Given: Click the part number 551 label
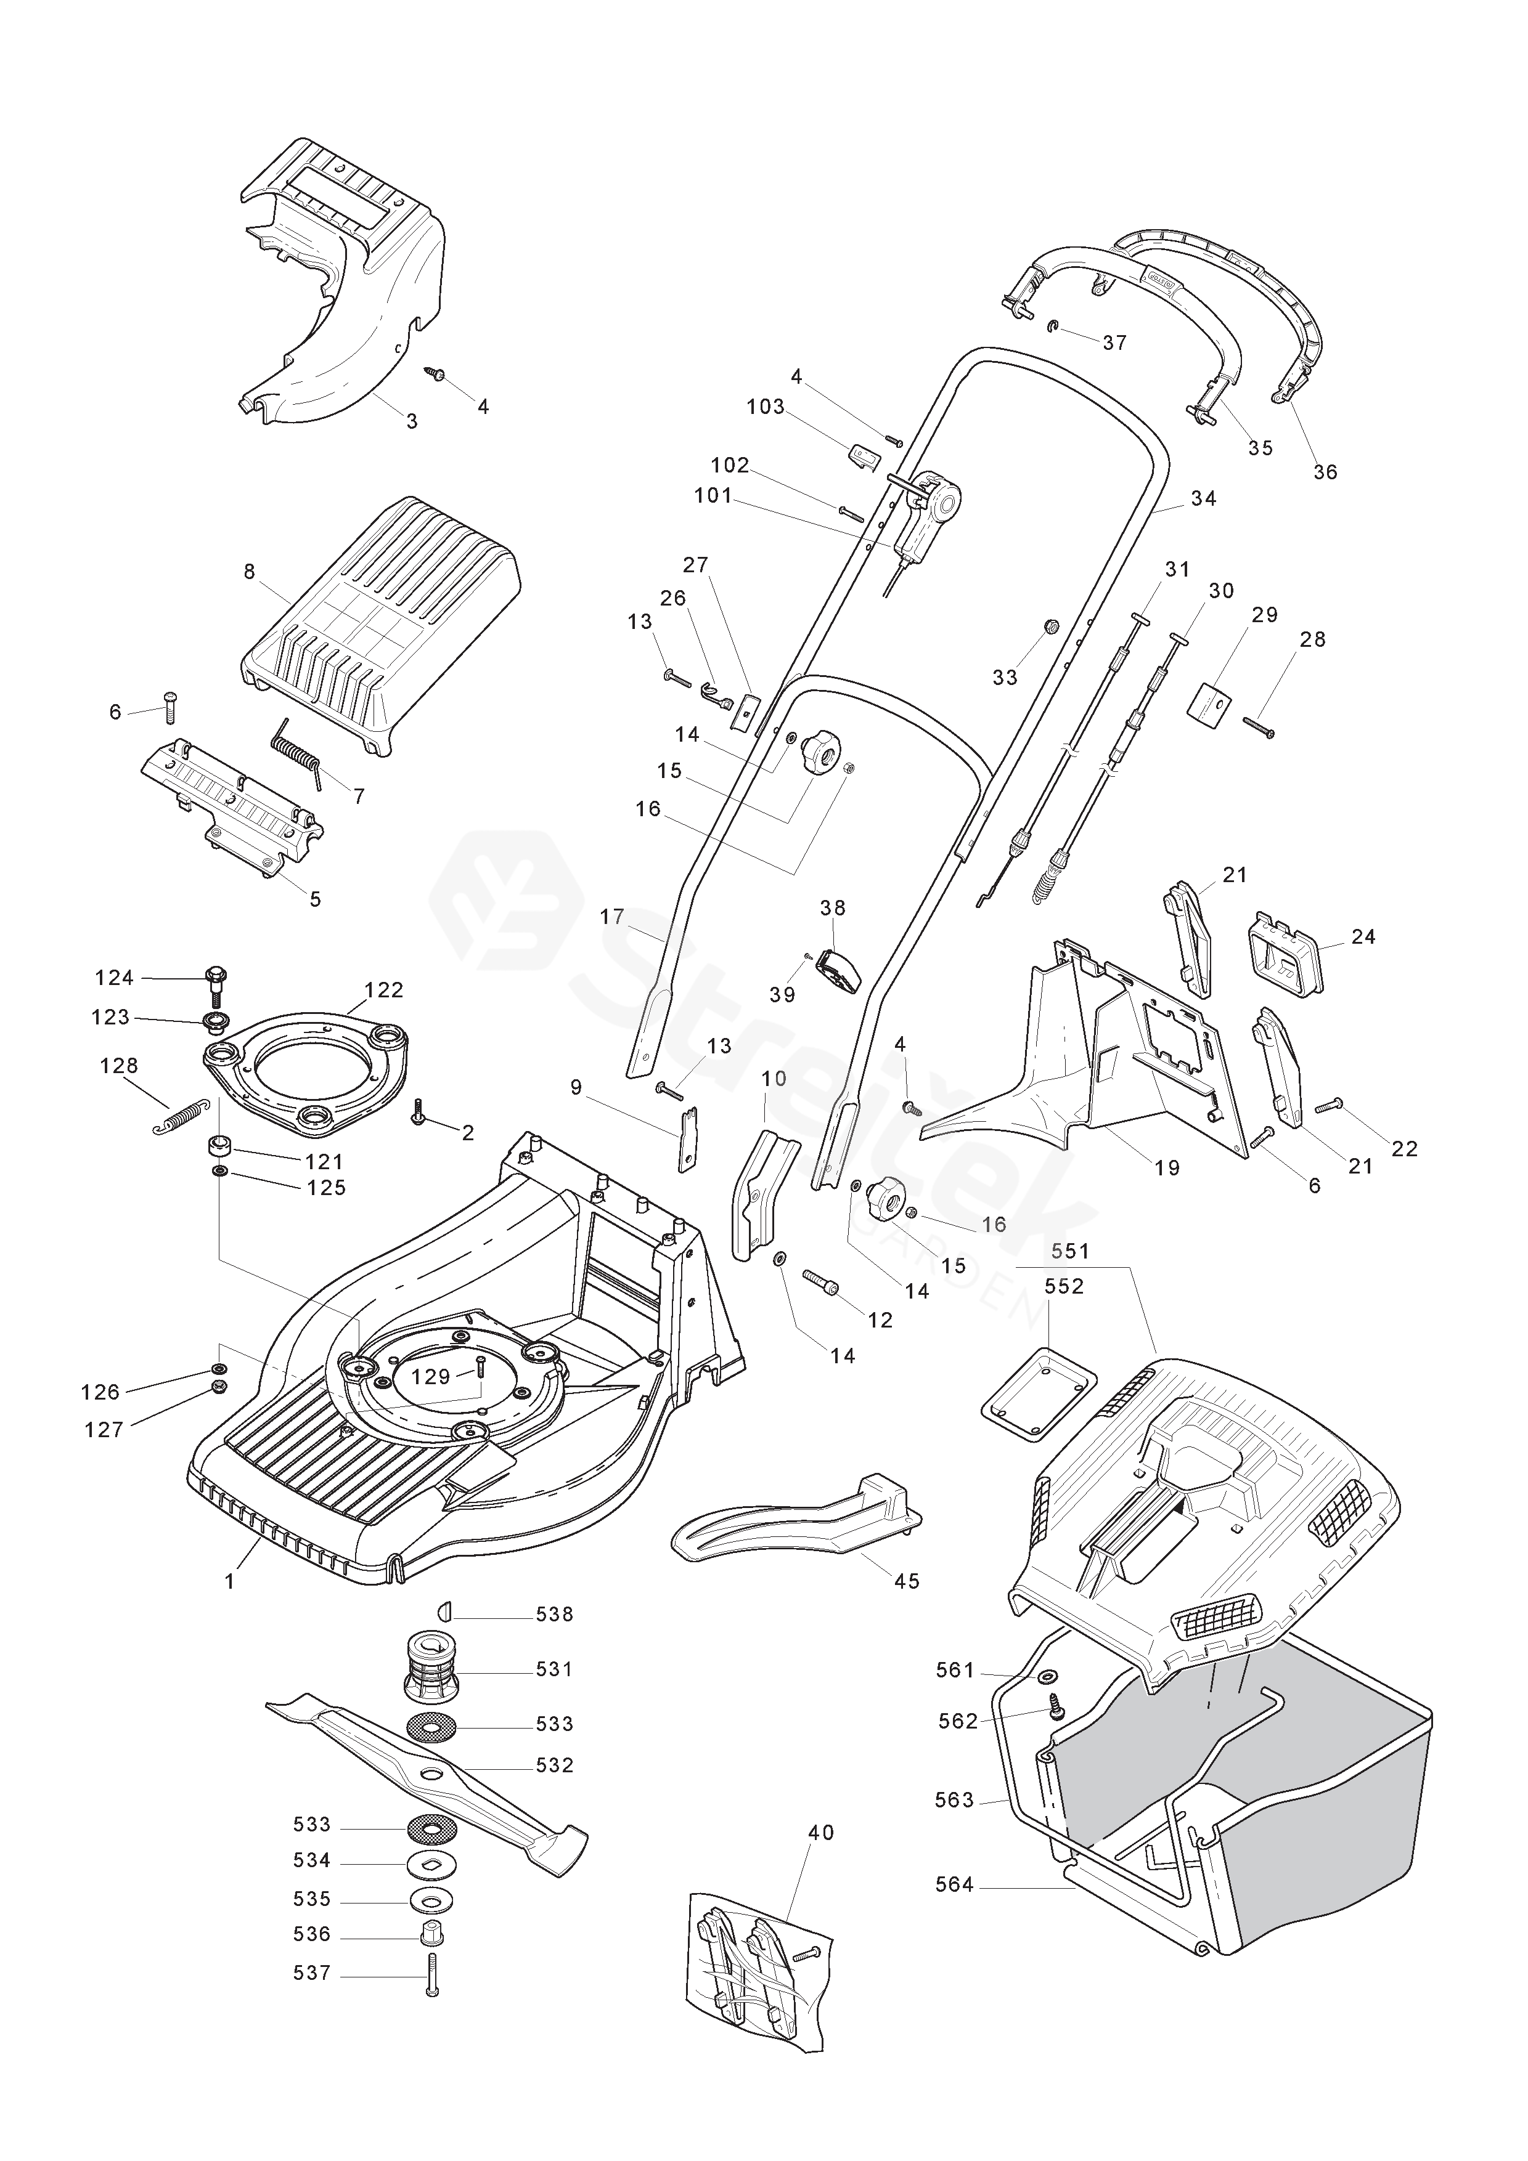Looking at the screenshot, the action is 1071,1251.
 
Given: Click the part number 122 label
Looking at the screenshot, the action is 383,990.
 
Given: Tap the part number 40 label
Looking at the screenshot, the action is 821,1833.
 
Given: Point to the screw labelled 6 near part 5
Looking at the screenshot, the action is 170,705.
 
